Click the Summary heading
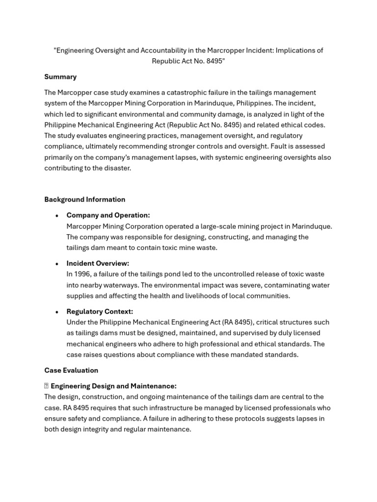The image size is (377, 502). point(60,76)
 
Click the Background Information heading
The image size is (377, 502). point(84,199)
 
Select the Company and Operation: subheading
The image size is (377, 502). point(108,215)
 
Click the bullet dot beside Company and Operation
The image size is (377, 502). point(57,216)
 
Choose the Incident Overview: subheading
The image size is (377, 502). point(98,263)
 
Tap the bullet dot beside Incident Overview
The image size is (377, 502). point(57,264)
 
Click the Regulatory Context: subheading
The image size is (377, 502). point(100,311)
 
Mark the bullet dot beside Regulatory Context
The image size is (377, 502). point(57,312)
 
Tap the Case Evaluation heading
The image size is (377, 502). point(71,370)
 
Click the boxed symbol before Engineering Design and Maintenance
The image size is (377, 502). point(46,386)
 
